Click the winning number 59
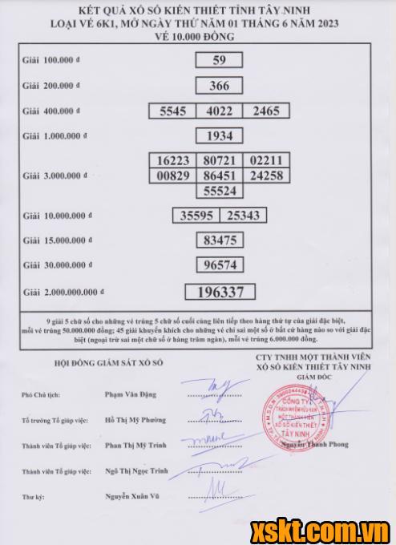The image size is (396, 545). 219,60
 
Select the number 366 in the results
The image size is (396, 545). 219,86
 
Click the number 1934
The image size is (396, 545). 219,135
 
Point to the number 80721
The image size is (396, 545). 219,160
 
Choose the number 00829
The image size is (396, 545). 172,176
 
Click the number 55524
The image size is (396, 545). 219,192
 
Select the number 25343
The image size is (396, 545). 242,215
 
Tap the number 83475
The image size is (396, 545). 219,240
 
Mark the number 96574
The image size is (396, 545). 219,264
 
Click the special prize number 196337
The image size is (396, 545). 219,293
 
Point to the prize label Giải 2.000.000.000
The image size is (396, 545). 59,292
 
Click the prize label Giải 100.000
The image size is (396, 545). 51,60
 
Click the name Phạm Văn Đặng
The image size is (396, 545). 131,394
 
